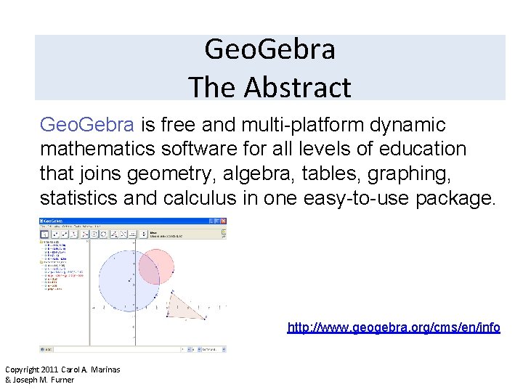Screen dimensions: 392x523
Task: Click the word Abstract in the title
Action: tap(298, 87)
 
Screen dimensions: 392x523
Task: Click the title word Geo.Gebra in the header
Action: tap(270, 49)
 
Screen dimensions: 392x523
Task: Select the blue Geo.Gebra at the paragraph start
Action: tap(87, 125)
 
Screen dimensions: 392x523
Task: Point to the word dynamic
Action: tap(410, 125)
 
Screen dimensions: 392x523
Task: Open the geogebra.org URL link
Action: tap(394, 327)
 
